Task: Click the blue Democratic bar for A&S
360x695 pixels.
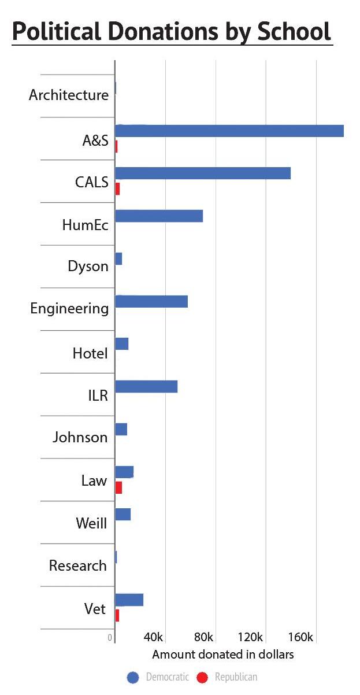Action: click(229, 131)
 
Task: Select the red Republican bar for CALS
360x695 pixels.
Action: click(117, 189)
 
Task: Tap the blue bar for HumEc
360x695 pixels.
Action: click(159, 216)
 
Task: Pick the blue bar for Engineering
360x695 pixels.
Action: click(151, 302)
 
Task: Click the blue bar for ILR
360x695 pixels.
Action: click(146, 387)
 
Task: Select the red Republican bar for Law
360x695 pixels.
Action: click(119, 487)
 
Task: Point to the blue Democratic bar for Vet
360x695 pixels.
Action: click(129, 600)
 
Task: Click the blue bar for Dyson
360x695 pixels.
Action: click(119, 259)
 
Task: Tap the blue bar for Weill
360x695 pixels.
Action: click(123, 515)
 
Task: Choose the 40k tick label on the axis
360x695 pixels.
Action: click(153, 637)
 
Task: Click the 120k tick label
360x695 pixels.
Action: click(250, 637)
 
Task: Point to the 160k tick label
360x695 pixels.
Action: click(300, 637)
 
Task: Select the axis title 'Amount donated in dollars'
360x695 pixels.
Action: click(223, 655)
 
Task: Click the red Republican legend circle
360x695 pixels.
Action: click(202, 677)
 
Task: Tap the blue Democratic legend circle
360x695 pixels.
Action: click(133, 677)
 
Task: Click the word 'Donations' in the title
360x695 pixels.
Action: click(164, 31)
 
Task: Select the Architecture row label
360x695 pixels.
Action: click(69, 95)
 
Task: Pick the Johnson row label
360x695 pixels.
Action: click(80, 437)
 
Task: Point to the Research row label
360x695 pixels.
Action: click(78, 565)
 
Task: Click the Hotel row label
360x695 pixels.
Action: click(90, 353)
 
